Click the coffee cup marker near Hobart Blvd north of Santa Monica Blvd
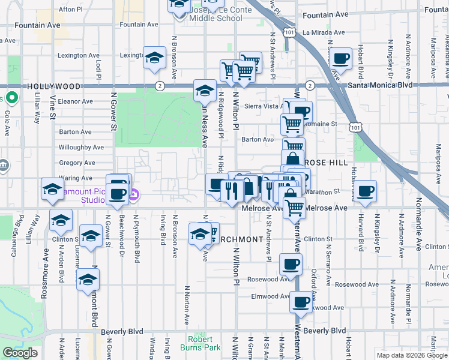(341, 59)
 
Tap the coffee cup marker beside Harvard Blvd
(365, 191)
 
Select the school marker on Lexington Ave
(154, 58)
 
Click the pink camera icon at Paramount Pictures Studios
(135, 194)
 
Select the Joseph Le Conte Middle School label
(207, 14)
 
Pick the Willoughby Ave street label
(81, 147)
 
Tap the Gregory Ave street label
(77, 163)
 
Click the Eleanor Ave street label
(75, 101)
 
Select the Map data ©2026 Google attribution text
(412, 355)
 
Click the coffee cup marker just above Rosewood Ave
(291, 263)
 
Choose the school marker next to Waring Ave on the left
(52, 189)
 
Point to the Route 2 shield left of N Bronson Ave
(160, 86)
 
